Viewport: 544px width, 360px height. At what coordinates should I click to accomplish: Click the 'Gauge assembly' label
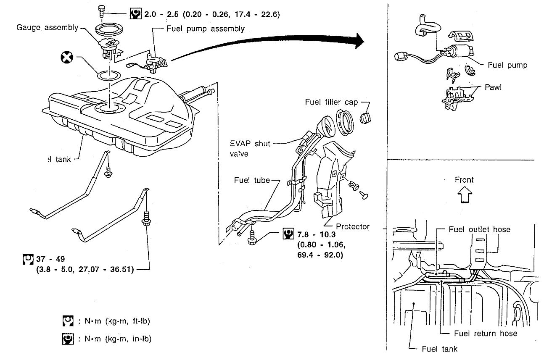tap(47, 28)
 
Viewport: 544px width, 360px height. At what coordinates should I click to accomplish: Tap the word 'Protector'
tap(352, 226)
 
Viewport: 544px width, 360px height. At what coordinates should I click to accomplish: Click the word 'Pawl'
tap(493, 88)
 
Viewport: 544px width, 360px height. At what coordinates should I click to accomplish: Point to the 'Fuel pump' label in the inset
tap(507, 65)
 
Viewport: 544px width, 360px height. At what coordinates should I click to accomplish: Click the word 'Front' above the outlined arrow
tap(464, 180)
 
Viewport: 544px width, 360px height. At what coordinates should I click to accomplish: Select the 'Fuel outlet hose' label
tap(479, 229)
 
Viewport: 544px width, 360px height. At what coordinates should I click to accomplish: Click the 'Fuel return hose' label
tap(486, 333)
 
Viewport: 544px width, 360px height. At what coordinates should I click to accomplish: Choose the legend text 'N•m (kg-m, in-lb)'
tap(114, 338)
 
